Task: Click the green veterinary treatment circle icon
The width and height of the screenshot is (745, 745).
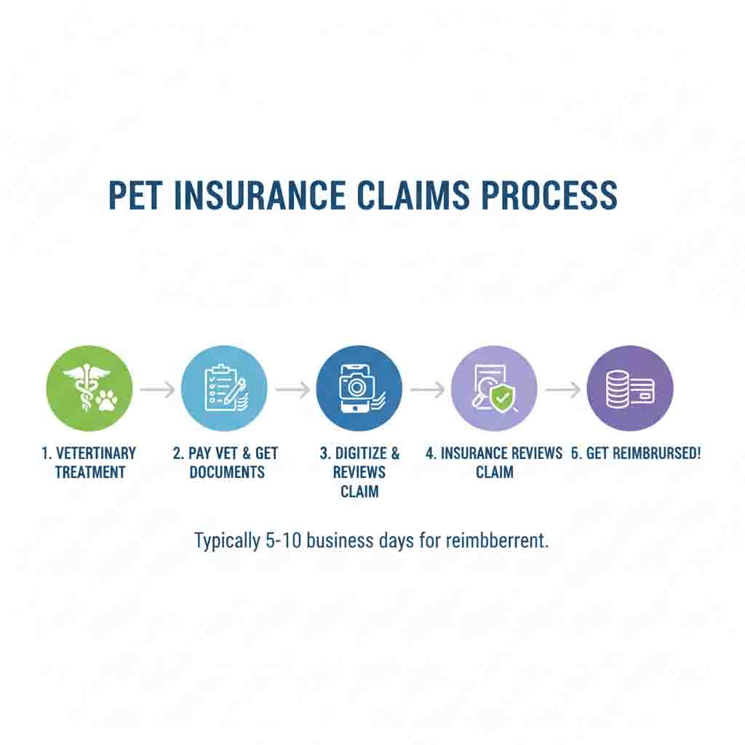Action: [x=89, y=389]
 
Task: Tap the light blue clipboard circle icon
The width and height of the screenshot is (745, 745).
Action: [x=224, y=389]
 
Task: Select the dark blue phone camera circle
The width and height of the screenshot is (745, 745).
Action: [x=359, y=389]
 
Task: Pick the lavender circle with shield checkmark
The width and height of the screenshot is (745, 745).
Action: [x=494, y=389]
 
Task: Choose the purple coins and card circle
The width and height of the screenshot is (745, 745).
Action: [x=629, y=389]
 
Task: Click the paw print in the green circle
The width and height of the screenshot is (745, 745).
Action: [x=106, y=398]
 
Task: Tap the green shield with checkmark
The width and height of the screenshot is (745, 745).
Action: [x=501, y=397]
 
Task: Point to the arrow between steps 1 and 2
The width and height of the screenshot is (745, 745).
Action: [x=157, y=390]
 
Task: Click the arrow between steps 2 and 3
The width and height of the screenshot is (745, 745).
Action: [x=292, y=390]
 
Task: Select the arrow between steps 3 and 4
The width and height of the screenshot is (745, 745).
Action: [x=427, y=390]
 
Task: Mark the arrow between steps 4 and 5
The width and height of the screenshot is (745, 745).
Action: [x=562, y=390]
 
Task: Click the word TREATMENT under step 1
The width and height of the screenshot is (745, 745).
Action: [x=90, y=472]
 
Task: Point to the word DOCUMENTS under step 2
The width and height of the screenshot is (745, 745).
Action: [x=227, y=472]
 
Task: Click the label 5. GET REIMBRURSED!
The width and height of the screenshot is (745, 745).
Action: [x=636, y=453]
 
